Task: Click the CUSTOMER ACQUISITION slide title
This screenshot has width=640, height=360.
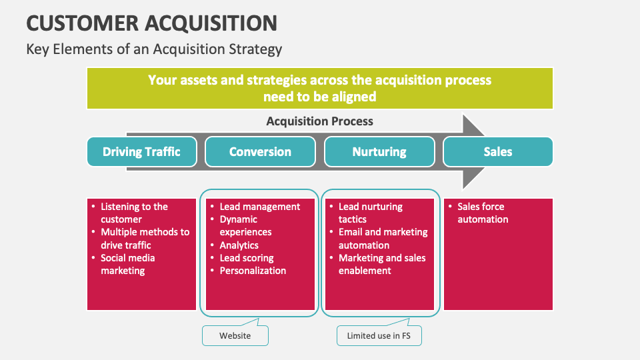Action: pyautogui.click(x=151, y=23)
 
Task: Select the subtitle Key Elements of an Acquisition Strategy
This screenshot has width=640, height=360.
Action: pyautogui.click(x=154, y=49)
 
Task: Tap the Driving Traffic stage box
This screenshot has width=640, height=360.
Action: pyautogui.click(x=141, y=151)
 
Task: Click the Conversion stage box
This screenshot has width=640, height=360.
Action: pyautogui.click(x=260, y=151)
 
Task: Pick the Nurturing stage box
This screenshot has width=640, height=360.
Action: pyautogui.click(x=379, y=151)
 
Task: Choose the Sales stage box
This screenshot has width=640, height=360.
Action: pyautogui.click(x=498, y=151)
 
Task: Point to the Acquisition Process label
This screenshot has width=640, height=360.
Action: pyautogui.click(x=319, y=121)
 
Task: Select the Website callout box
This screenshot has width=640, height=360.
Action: pyautogui.click(x=235, y=335)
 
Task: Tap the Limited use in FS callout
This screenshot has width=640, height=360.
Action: pyautogui.click(x=379, y=335)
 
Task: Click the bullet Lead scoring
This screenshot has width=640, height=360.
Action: pyautogui.click(x=246, y=258)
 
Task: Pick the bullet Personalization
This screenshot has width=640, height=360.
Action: pyautogui.click(x=253, y=271)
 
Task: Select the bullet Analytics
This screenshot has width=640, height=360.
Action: pyautogui.click(x=239, y=245)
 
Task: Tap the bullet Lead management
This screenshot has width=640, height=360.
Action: pyautogui.click(x=259, y=207)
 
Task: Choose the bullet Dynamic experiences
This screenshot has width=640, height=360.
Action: pyautogui.click(x=245, y=225)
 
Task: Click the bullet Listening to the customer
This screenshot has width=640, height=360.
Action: pyautogui.click(x=134, y=213)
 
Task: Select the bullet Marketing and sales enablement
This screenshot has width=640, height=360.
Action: pyautogui.click(x=381, y=264)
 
